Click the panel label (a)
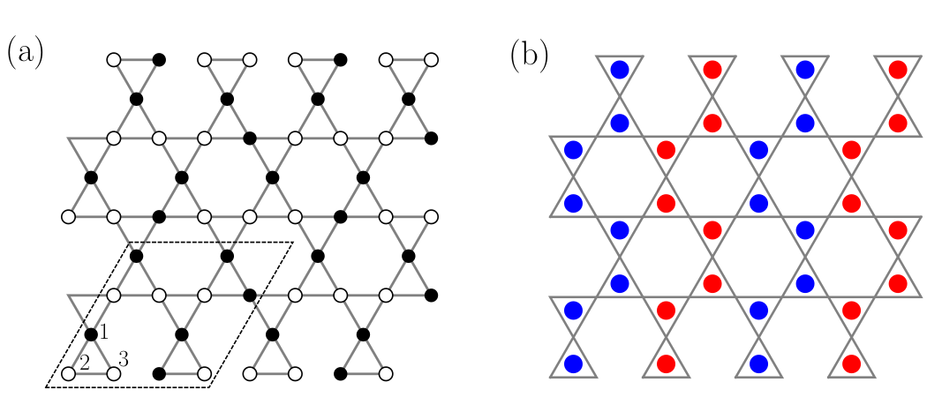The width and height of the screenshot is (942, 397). coord(26,54)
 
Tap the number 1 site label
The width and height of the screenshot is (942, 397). coord(103,331)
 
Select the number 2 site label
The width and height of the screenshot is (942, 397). coord(85,362)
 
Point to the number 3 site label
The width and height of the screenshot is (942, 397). coord(123,359)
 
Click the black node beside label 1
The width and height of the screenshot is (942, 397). coord(91,334)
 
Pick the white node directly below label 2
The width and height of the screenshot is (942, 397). coord(68,374)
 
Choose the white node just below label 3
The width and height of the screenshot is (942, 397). coord(114,374)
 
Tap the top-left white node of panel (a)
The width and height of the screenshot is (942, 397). coord(113,60)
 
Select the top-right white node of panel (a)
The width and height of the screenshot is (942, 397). coord(432,60)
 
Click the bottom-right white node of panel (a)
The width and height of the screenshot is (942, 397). coord(386,374)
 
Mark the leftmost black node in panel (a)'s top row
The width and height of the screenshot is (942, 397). coord(159,60)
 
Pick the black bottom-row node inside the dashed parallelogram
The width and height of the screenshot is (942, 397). coord(159,374)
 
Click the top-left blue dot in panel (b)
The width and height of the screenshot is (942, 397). coord(620,69)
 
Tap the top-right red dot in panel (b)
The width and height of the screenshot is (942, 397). coord(898,69)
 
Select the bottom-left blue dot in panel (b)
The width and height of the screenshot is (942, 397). coord(573,363)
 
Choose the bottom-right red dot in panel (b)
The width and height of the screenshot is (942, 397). coord(852,363)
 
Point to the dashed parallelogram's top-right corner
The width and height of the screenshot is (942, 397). coord(293,242)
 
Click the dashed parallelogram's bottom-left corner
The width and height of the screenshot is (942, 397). coord(46,386)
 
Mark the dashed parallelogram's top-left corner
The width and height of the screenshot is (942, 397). coord(130,242)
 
